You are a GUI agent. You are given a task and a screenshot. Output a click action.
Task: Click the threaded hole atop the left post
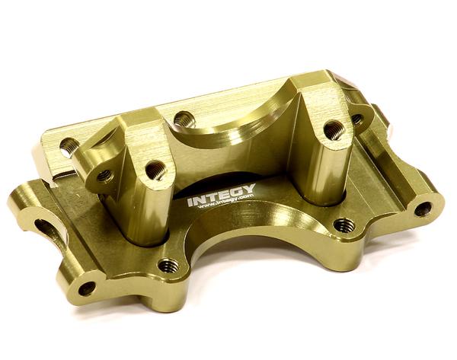point(155,170)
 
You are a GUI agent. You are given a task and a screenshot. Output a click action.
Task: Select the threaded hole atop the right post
point(334,130)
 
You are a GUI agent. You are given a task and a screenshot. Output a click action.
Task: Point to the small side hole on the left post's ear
point(104,175)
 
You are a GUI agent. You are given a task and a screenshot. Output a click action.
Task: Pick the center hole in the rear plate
point(184,119)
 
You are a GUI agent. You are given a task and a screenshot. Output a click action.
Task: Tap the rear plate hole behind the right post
point(356,119)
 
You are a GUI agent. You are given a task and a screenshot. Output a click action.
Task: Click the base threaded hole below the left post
point(168,266)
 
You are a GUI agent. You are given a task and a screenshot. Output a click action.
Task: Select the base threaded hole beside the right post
point(344,225)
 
